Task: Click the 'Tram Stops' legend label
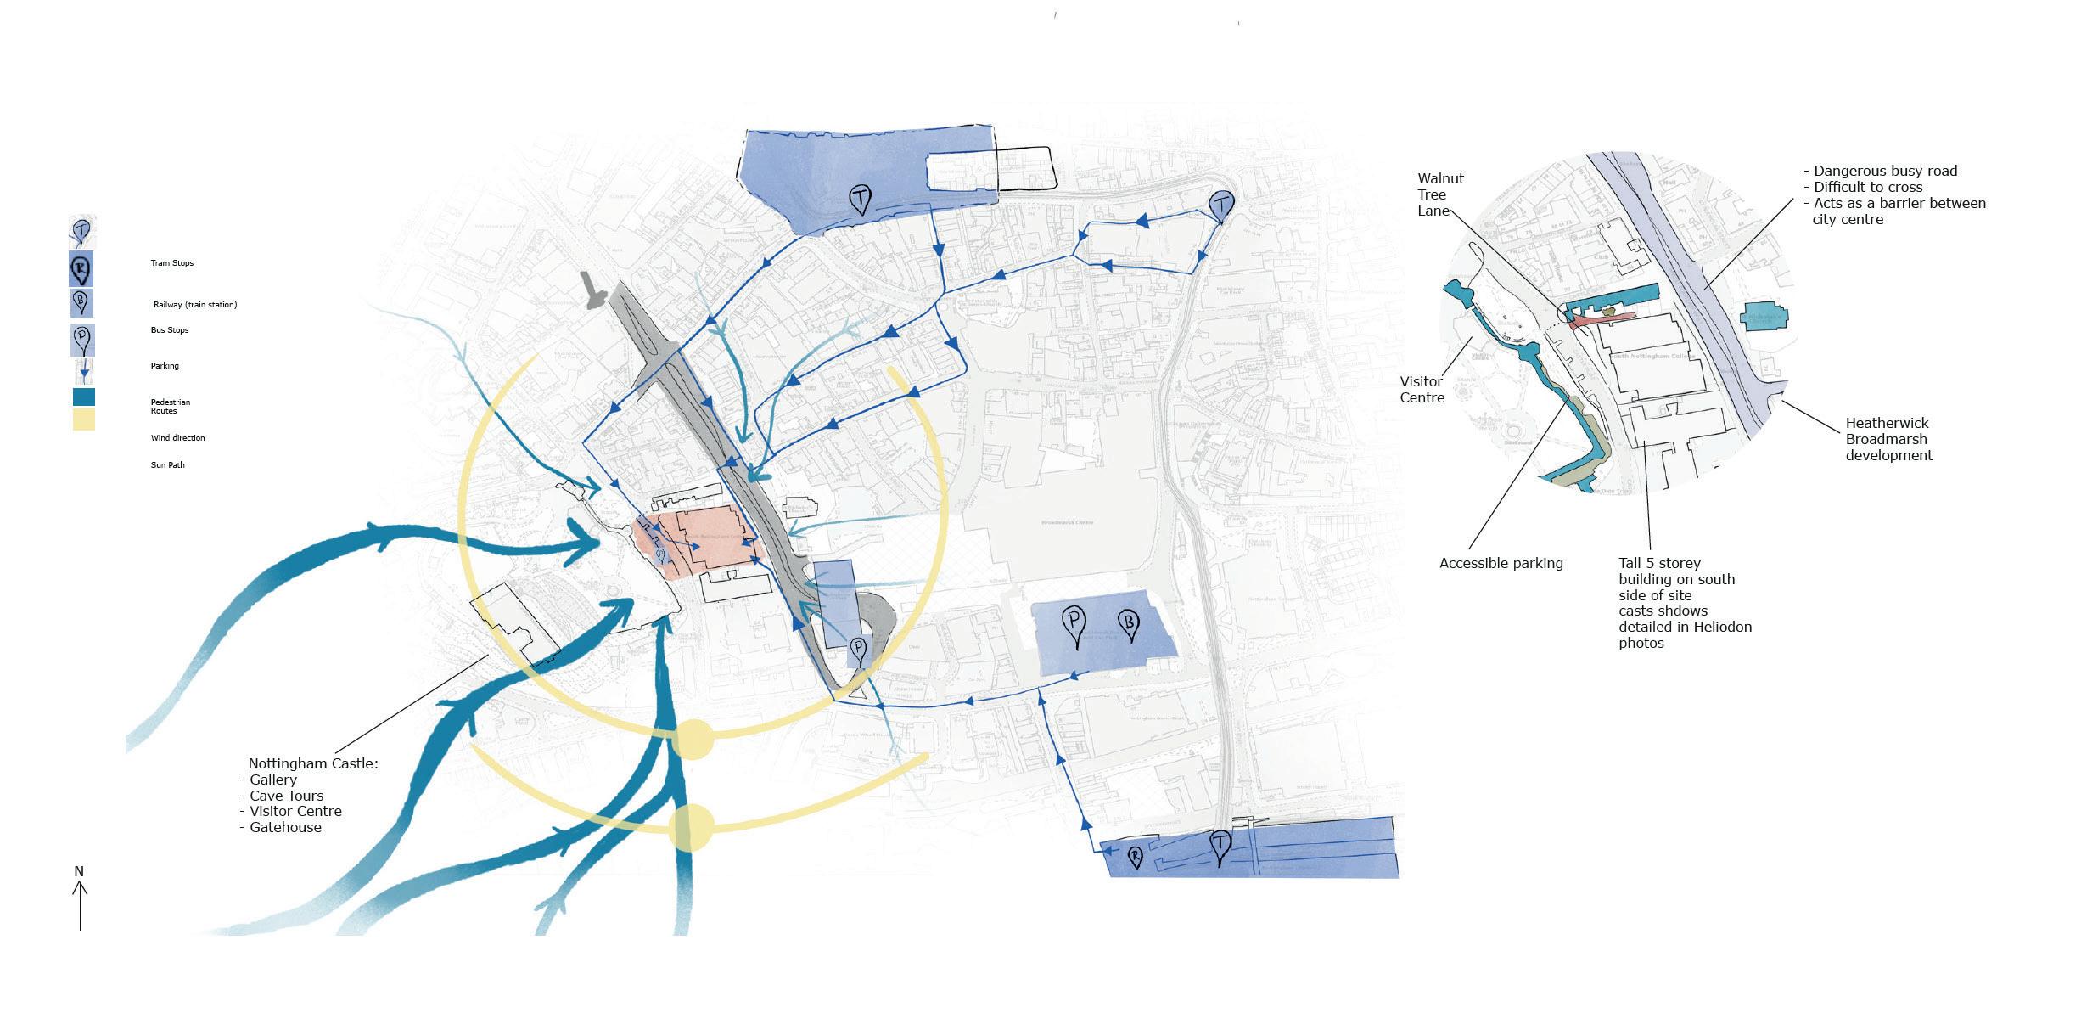click(172, 263)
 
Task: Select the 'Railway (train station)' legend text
click(195, 305)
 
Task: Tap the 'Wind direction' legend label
click(178, 438)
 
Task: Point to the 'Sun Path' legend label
click(168, 465)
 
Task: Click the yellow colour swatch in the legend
click(84, 419)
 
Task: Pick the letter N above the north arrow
click(79, 871)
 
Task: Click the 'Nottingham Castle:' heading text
click(313, 763)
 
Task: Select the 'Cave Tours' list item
click(286, 796)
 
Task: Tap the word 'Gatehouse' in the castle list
click(285, 827)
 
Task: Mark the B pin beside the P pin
click(1129, 624)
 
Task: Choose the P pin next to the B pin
click(1074, 626)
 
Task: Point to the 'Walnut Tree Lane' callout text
click(1440, 194)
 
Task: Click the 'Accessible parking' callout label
click(1501, 563)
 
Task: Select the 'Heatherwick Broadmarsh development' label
click(1888, 439)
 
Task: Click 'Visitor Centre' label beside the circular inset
click(1422, 390)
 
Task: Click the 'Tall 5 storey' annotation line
click(1659, 563)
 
